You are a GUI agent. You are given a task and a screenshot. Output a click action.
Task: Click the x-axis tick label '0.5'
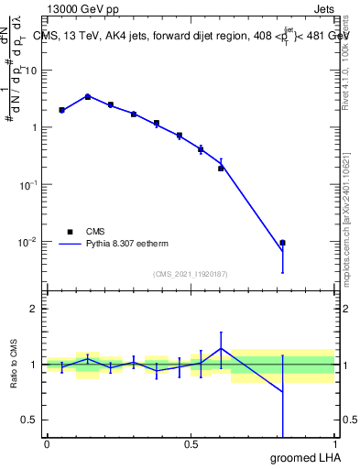pos(191,443)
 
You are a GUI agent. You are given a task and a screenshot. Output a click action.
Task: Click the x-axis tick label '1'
pos(334,443)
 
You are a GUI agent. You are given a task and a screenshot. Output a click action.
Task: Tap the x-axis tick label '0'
pos(47,443)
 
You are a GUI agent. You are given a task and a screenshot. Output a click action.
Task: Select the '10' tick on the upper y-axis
pos(32,70)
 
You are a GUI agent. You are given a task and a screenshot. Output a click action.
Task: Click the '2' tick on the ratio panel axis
pos(35,309)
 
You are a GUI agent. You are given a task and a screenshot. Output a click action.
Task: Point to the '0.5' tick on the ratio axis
pos(30,420)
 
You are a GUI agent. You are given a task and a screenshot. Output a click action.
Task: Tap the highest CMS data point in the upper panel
pos(87,96)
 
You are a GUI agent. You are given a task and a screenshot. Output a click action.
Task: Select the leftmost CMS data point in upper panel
pos(61,110)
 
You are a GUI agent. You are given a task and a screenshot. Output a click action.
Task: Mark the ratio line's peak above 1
pos(221,348)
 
